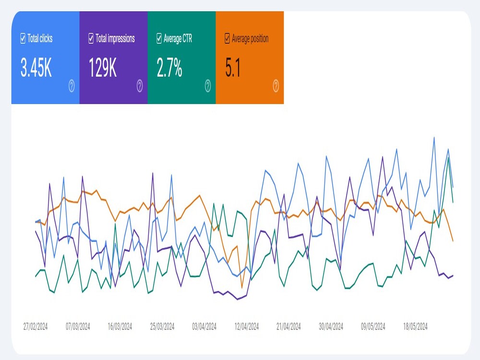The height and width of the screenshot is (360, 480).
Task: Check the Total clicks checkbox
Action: [x=23, y=38]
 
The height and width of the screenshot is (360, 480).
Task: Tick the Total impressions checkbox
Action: [x=91, y=38]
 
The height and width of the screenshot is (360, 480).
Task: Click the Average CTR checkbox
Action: [x=159, y=38]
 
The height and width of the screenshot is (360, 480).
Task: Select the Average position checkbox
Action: [x=227, y=38]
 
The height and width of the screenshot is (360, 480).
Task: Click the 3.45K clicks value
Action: [x=36, y=68]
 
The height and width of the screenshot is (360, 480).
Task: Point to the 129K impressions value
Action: [x=103, y=68]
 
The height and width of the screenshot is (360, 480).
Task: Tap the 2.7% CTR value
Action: [x=169, y=68]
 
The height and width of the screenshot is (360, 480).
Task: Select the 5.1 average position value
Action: [x=233, y=68]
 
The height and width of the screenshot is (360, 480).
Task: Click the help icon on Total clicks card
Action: [x=72, y=86]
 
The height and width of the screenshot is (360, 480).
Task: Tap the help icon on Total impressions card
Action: [x=140, y=86]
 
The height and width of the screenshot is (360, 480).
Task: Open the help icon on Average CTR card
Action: [x=207, y=86]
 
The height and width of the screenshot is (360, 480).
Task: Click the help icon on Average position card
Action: [x=276, y=86]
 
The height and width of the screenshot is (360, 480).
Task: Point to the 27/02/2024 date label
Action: [x=36, y=326]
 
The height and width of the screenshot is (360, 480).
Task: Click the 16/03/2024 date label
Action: [x=120, y=326]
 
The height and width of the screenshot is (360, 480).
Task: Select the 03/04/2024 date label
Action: [x=204, y=326]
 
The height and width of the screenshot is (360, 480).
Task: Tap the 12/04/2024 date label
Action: [x=246, y=326]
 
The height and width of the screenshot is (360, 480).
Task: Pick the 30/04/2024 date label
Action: [x=331, y=326]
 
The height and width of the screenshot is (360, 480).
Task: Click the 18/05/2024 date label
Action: [x=415, y=326]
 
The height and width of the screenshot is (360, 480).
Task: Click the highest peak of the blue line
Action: [x=434, y=137]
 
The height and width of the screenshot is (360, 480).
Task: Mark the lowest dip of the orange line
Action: [x=242, y=288]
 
